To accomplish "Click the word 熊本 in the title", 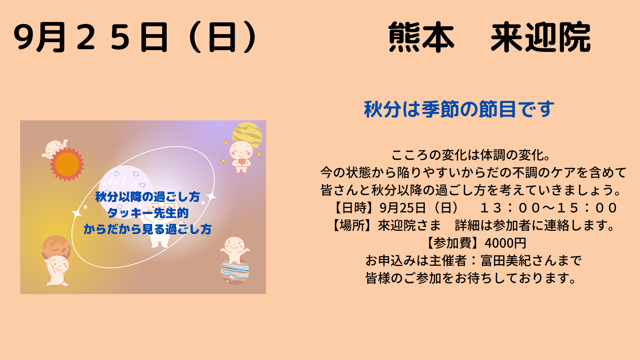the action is click(422, 37).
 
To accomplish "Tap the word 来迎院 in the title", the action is click(540, 37).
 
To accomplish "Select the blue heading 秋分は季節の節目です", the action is click(459, 109).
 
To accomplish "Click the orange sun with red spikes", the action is click(67, 164).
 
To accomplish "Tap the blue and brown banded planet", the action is click(235, 272).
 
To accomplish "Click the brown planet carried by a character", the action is click(56, 248).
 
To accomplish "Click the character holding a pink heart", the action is click(241, 156).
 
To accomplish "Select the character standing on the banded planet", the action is click(234, 250).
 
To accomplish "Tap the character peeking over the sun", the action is click(54, 148).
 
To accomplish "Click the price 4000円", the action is click(505, 243).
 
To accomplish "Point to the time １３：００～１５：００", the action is click(548, 208).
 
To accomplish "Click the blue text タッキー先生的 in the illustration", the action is click(148, 213).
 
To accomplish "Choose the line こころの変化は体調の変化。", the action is click(471, 155).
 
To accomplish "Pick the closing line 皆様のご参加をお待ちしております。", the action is click(471, 278).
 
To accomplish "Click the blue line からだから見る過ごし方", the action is click(148, 229).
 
